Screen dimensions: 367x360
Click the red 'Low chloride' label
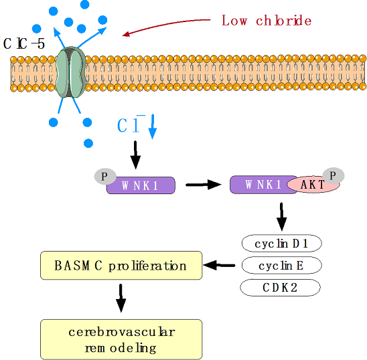tap(267, 20)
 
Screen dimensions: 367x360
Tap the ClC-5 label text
tap(24, 43)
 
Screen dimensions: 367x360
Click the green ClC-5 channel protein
tap(71, 72)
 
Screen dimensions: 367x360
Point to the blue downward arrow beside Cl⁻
tap(153, 126)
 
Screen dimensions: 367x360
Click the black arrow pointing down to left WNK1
tap(135, 155)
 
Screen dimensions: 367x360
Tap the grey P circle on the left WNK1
tap(105, 176)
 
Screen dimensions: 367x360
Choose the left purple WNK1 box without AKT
tap(141, 185)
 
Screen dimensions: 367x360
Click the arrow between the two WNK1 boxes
tap(204, 185)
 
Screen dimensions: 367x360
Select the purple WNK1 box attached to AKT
tap(263, 185)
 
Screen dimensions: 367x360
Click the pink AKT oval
tap(313, 185)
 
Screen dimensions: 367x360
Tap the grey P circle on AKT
tap(334, 175)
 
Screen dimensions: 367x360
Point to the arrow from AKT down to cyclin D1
tap(281, 217)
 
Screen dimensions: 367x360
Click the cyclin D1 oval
tap(281, 244)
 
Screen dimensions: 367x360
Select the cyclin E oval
tap(281, 265)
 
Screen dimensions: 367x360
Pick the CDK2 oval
tap(280, 287)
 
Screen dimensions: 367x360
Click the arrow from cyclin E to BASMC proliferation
tap(219, 265)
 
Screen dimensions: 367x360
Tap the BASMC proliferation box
tap(121, 265)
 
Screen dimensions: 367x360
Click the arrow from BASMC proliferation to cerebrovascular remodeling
tap(121, 298)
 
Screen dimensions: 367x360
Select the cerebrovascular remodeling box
tap(121, 339)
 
